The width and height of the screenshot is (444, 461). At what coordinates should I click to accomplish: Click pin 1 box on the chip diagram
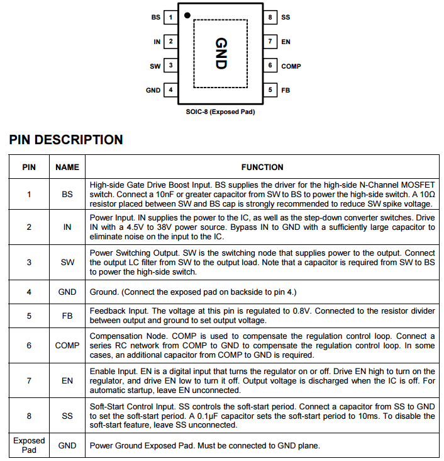click(x=171, y=17)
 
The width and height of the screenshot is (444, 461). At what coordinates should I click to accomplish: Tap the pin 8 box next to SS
click(x=270, y=17)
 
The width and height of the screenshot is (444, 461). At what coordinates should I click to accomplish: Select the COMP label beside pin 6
click(x=291, y=66)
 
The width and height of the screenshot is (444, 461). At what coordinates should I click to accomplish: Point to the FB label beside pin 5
click(x=286, y=90)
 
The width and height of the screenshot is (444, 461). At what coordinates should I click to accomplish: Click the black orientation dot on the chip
click(x=187, y=14)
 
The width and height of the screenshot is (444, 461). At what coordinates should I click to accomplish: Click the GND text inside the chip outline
click(x=220, y=54)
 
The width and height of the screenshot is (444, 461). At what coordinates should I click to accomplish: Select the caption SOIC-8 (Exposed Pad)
click(x=220, y=112)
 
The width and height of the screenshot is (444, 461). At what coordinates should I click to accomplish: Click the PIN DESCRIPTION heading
click(x=66, y=140)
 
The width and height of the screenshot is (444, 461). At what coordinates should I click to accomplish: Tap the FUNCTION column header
click(x=262, y=167)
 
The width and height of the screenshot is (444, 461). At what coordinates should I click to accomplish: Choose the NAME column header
click(x=67, y=167)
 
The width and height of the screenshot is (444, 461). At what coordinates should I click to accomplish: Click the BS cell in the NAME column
click(x=67, y=195)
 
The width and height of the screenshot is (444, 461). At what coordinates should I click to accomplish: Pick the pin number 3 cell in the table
click(x=29, y=262)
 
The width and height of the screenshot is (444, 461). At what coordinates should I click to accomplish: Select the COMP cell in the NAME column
click(x=67, y=345)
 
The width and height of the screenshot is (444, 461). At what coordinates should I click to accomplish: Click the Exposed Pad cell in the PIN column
click(x=29, y=445)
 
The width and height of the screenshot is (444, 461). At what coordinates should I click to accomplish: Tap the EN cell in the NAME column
click(x=67, y=380)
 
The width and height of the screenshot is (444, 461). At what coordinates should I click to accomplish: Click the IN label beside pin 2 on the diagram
click(x=157, y=42)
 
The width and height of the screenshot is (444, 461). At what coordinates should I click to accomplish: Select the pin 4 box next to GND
click(x=171, y=90)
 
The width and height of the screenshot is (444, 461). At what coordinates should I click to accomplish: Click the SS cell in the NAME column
click(x=67, y=416)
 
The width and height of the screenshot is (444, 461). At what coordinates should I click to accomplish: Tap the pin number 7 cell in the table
click(x=29, y=380)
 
